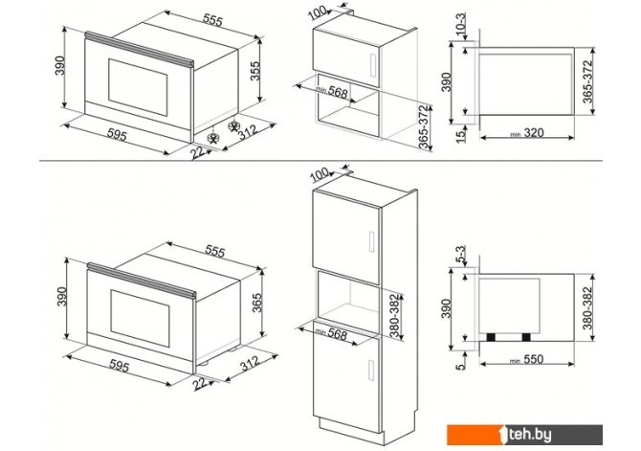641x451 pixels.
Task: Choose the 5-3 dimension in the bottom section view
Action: pyautogui.click(x=460, y=256)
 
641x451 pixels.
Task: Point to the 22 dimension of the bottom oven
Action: pyautogui.click(x=198, y=383)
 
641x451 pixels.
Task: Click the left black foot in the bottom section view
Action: pyautogui.click(x=493, y=337)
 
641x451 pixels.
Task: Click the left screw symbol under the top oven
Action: pyautogui.click(x=214, y=138)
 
